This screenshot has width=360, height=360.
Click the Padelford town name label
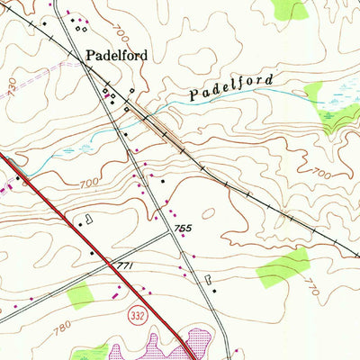[116, 54]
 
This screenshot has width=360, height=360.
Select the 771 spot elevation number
[125, 266]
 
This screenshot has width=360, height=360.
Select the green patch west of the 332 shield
[81, 293]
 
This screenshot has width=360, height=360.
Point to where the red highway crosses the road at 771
[113, 264]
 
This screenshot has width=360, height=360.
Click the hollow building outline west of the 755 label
[88, 219]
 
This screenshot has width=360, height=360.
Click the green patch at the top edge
[292, 9]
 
